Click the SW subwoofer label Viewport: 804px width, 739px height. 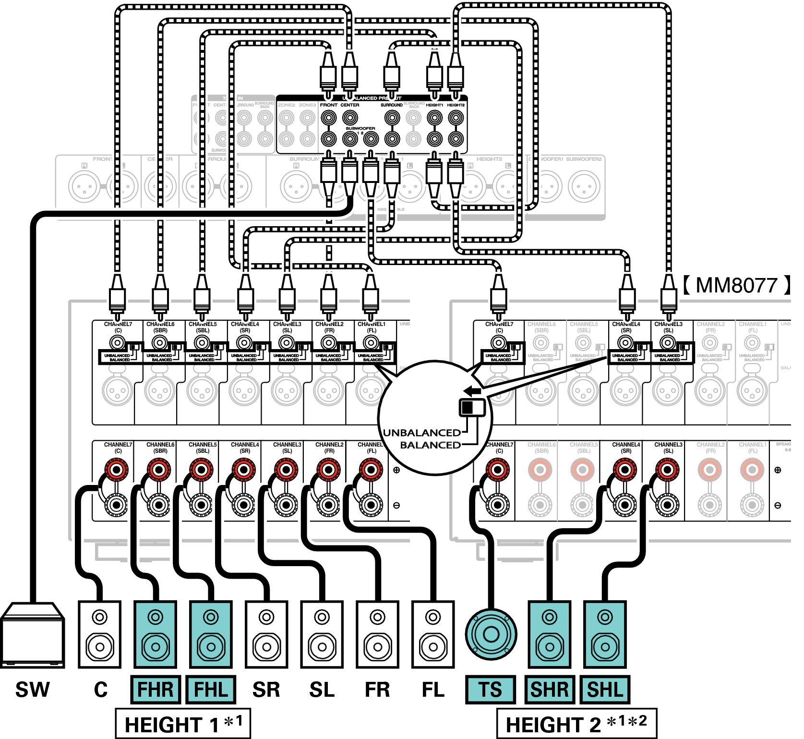click(32, 690)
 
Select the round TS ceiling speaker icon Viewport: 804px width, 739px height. click(491, 634)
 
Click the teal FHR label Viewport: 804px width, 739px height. click(156, 690)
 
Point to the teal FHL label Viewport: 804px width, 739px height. click(211, 690)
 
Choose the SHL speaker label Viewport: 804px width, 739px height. click(605, 690)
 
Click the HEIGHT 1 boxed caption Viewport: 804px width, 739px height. click(183, 724)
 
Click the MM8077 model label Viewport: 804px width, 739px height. click(737, 285)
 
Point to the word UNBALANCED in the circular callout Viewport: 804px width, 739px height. click(422, 433)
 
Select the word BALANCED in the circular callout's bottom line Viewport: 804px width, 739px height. click(430, 445)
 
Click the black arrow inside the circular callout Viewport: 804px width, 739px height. click(473, 391)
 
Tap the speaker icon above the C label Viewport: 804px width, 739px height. click(99, 634)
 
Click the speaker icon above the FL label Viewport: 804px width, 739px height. click(433, 634)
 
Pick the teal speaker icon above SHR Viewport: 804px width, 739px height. click(550, 634)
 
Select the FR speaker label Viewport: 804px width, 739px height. click(377, 690)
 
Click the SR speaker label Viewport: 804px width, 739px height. click(266, 690)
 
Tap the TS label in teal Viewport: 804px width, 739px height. click(490, 690)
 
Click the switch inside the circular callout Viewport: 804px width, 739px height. click(472, 408)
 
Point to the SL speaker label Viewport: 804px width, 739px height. click(322, 690)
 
